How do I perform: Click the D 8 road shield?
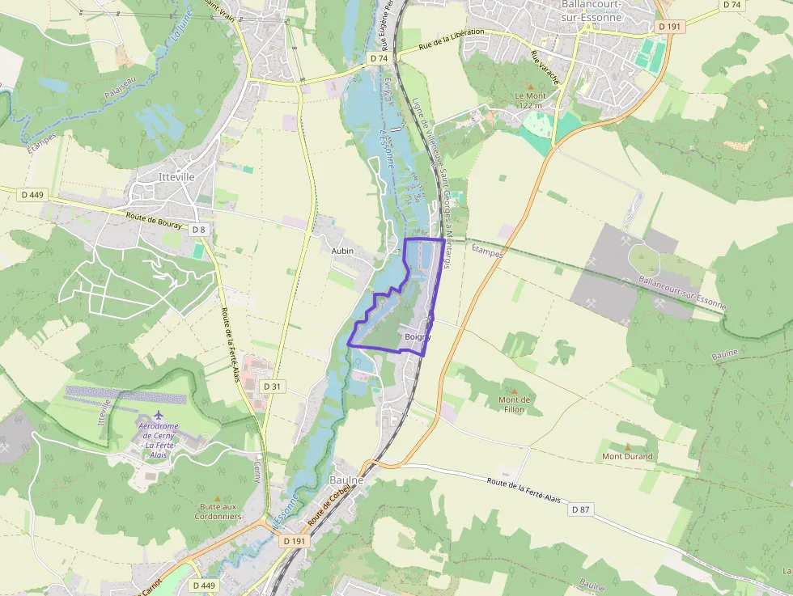coord(199,230)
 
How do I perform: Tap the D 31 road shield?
coord(274,387)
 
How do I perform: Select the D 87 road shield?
coord(581,509)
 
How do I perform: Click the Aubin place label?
coord(342,252)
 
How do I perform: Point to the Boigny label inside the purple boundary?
coord(418,336)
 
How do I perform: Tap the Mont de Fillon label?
coord(514,404)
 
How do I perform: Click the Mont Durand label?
coord(627,456)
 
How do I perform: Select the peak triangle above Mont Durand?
coord(627,446)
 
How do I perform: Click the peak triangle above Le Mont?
coord(531,86)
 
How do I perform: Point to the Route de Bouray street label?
coord(154,220)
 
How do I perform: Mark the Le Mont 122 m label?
coord(531,100)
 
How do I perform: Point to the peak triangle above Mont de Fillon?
coord(514,391)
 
